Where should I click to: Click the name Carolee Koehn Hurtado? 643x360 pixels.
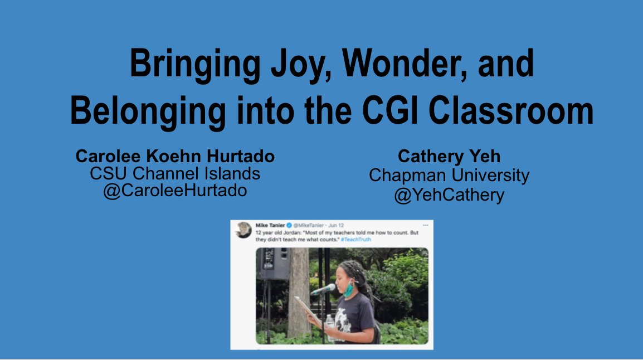[x=175, y=156]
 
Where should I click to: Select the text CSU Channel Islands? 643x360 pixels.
[x=175, y=173]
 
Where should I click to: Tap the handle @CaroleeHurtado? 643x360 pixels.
[x=175, y=191]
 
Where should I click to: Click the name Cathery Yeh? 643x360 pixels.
[x=449, y=157]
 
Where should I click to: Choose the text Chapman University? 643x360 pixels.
[x=449, y=176]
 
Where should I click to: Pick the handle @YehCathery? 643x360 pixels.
[x=449, y=195]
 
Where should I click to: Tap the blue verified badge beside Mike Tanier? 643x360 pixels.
[x=290, y=225]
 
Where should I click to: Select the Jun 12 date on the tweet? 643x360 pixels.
[x=339, y=225]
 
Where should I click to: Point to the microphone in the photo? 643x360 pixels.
[x=323, y=290]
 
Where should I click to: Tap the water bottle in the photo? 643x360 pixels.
[x=330, y=325]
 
